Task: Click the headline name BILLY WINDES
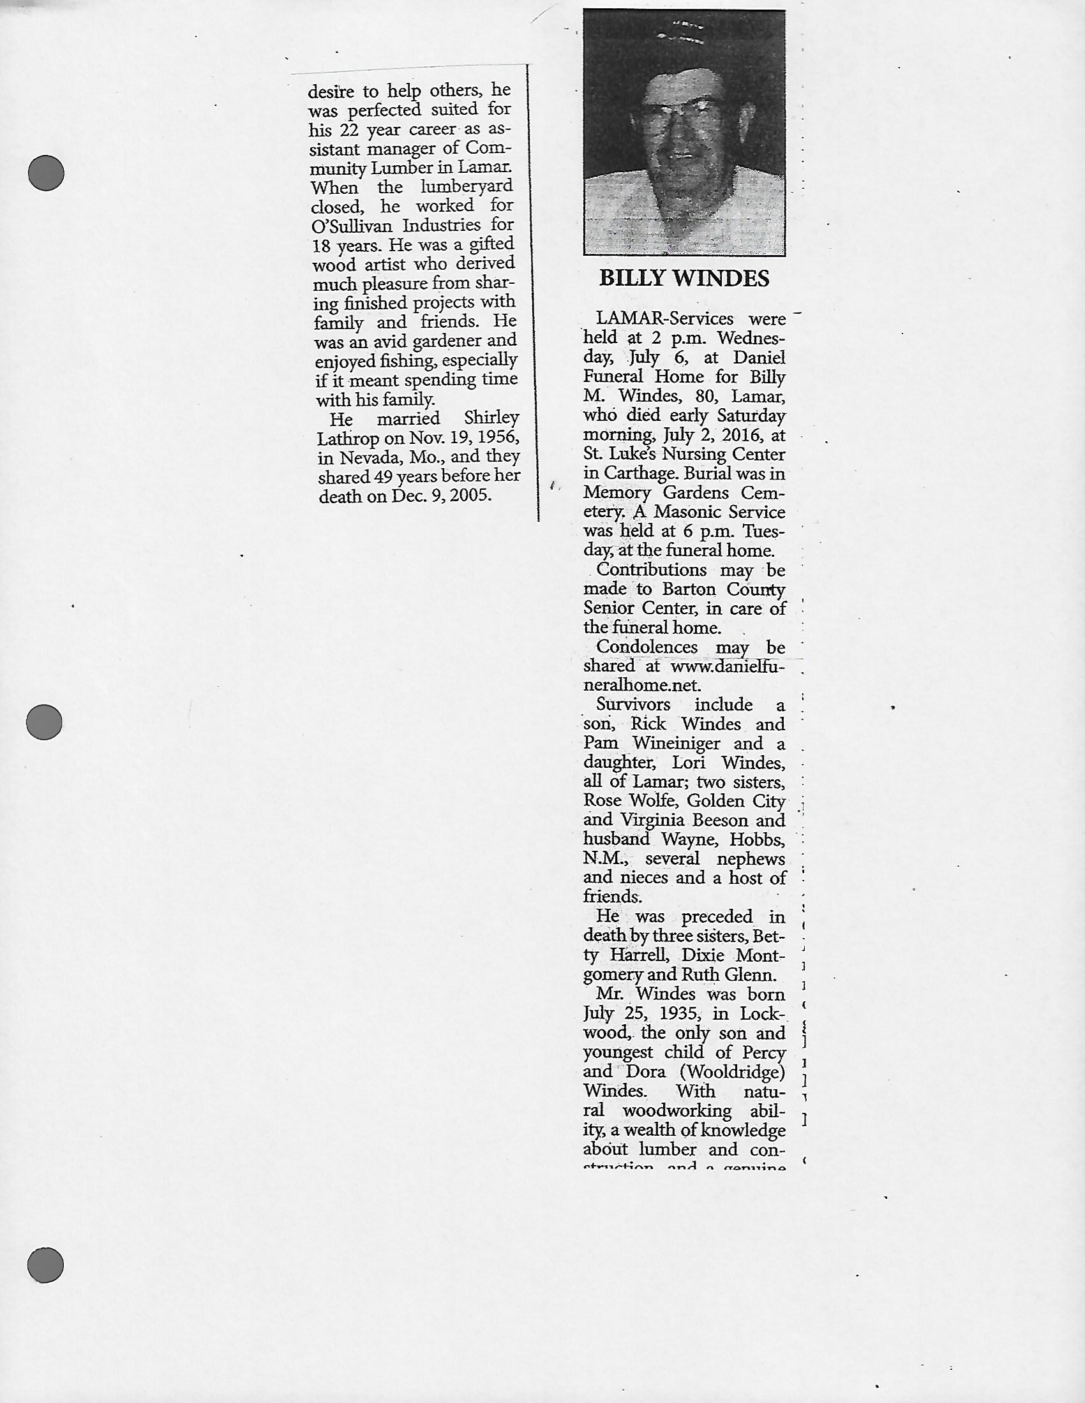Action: pyautogui.click(x=684, y=278)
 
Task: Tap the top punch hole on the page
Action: pyautogui.click(x=47, y=172)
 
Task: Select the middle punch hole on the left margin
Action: pyautogui.click(x=44, y=721)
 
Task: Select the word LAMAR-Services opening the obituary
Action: pyautogui.click(x=664, y=320)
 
